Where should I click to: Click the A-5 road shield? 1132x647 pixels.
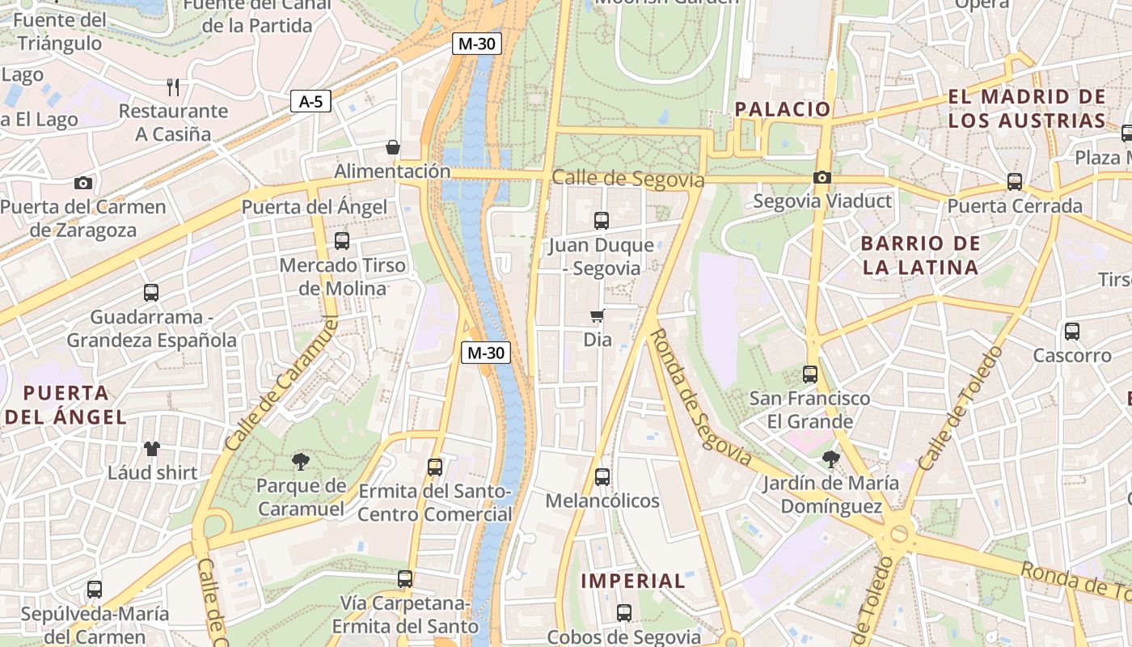pos(310,101)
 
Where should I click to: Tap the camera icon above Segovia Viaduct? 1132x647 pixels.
pos(822,177)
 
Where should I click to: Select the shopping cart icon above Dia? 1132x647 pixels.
pos(598,316)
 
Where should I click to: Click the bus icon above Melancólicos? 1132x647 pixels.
pos(602,477)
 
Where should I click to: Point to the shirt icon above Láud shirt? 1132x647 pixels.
pos(152,449)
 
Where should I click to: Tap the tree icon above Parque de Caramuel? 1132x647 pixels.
pos(301,462)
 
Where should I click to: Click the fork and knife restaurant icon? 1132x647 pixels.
pos(172,87)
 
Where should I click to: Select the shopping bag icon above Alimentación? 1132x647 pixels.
pos(393,147)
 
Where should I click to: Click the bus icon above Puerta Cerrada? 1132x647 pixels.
pos(1015,182)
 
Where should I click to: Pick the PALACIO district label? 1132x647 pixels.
pos(783,109)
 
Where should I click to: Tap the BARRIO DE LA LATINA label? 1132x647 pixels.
pos(920,255)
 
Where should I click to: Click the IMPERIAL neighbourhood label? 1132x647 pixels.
pos(633,581)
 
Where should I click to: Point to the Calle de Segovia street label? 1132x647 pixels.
pos(628,179)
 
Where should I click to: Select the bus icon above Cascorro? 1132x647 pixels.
pos(1072,331)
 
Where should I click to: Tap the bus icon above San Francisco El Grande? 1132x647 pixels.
pos(810,374)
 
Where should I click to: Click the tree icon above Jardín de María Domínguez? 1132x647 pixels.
pos(830,460)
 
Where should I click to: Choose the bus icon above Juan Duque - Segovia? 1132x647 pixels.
pos(602,220)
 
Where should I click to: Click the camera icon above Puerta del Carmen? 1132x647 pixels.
pos(83,183)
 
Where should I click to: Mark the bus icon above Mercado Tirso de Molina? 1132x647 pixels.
pos(342,240)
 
